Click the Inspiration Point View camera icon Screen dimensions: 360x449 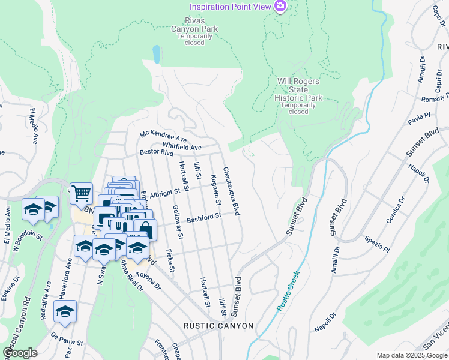point(279,7)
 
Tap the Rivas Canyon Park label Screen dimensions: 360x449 point(194,28)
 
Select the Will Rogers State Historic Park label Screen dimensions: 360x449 point(298,94)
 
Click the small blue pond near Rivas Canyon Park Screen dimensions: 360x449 point(157,54)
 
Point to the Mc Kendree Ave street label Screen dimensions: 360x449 point(163,138)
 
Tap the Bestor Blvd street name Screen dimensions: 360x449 point(157,152)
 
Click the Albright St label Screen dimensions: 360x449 point(165,193)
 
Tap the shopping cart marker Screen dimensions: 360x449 point(81,193)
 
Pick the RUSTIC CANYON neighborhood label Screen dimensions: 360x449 point(218,326)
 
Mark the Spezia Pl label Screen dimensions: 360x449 point(377,243)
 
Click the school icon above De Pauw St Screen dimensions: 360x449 point(65,311)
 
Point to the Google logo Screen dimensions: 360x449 point(20,353)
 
